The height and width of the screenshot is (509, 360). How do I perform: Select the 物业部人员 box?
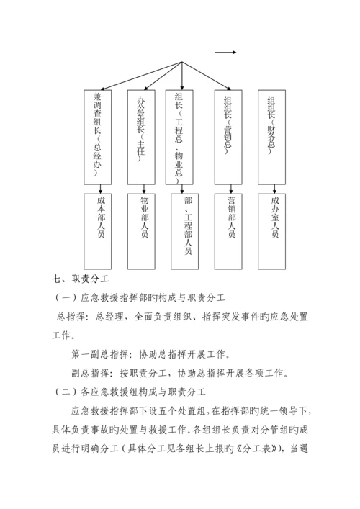145,228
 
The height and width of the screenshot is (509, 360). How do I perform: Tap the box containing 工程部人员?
187,228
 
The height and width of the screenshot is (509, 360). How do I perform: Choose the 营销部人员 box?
231,228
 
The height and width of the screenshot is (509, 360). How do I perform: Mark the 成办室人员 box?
275,228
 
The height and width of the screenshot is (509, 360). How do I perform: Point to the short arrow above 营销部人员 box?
230,188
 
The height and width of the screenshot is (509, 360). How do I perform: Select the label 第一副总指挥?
101,354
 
